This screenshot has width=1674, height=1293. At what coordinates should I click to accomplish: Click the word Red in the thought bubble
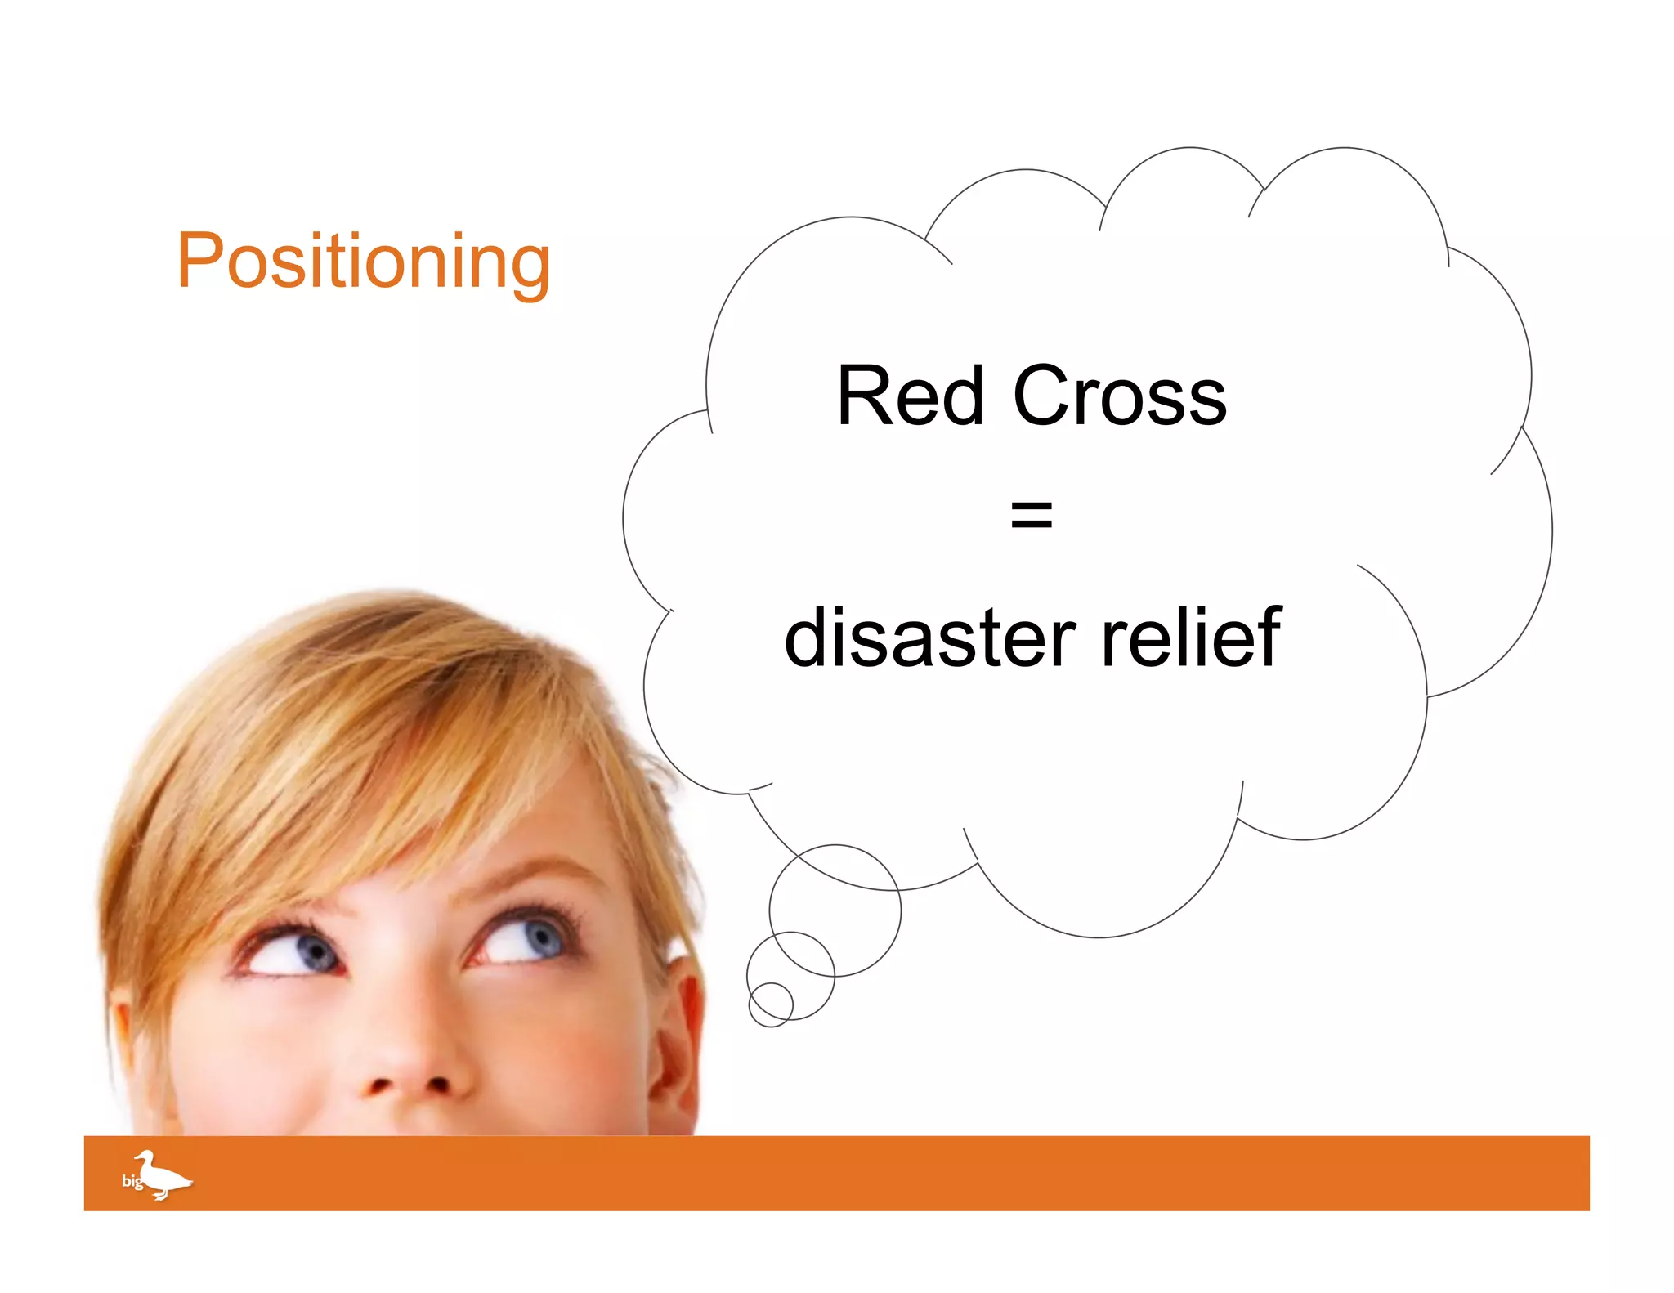910,396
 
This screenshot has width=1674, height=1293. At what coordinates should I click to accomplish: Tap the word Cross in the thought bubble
1119,396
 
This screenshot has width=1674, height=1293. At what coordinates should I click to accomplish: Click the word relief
1191,638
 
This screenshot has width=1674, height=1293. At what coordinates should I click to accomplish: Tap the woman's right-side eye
523,940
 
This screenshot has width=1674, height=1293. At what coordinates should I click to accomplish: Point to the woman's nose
409,1063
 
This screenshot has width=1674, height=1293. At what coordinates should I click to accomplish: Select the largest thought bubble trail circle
835,910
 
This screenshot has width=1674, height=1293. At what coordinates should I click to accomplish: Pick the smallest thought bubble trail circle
770,1004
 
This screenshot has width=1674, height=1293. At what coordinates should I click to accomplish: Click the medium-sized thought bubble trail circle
790,975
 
